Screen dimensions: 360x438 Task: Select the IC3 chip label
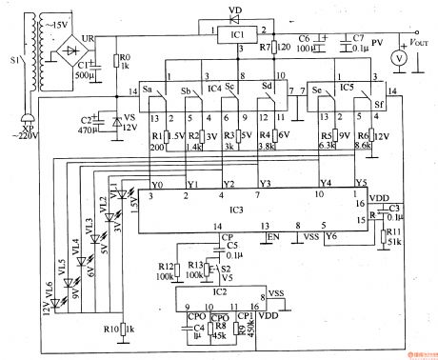click(x=236, y=209)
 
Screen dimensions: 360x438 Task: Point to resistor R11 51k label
click(x=393, y=235)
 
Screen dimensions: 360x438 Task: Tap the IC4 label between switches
click(x=215, y=88)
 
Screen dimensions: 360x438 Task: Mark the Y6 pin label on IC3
click(x=331, y=234)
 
